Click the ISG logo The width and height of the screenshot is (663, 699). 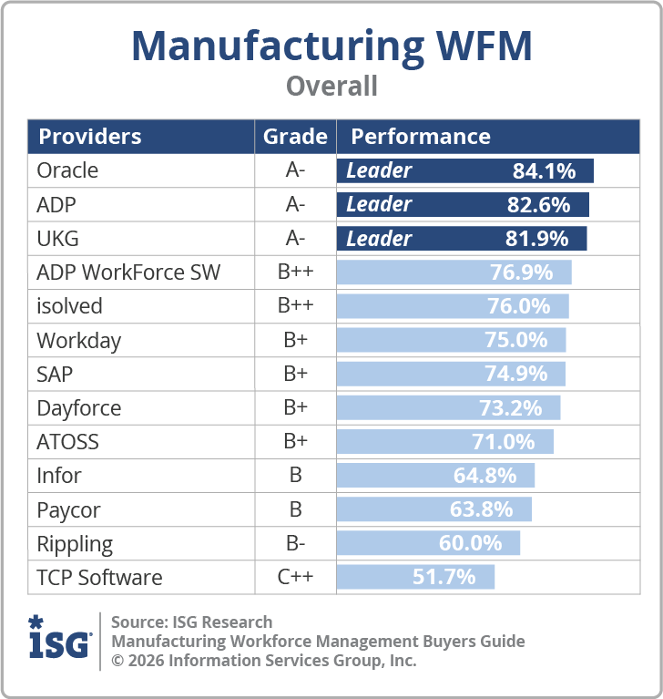pos(59,639)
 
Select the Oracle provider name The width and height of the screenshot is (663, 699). pos(67,170)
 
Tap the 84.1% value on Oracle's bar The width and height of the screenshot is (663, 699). pos(544,170)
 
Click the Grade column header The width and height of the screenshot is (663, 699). pos(295,137)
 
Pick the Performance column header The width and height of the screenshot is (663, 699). pos(421,137)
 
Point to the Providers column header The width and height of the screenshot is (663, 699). pos(89,137)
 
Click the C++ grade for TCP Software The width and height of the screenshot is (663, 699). pos(295,577)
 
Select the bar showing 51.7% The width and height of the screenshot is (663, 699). pos(415,577)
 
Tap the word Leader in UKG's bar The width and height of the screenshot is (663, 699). pos(379,239)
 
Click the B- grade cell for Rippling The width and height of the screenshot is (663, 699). pos(295,543)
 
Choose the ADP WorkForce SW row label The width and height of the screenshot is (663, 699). pos(128,272)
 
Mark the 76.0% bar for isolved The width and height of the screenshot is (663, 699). pos(453,306)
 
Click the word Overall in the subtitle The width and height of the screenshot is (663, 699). pos(331,87)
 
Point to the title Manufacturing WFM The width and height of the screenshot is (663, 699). pos(331,45)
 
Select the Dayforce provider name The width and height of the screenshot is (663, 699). pos(78,407)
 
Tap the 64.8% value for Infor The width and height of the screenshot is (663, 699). pos(484,475)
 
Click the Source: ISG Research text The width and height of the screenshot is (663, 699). pos(191,622)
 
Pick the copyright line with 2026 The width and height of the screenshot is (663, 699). pos(263,660)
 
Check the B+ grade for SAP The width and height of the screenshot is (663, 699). pos(295,374)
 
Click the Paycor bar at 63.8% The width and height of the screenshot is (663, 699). pos(433,509)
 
